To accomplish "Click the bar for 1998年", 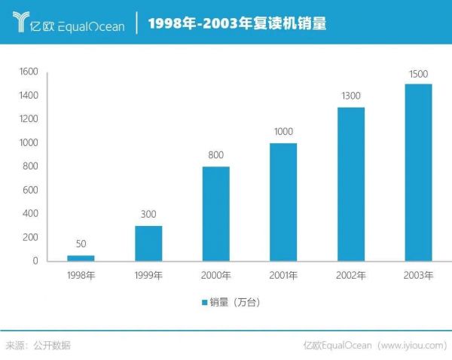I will click(81, 258).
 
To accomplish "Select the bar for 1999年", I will click(148, 243).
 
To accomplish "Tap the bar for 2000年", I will click(215, 213).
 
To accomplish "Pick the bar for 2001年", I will click(283, 202).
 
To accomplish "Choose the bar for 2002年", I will click(351, 184).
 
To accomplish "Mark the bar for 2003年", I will click(418, 172).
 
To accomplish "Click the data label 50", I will click(81, 244).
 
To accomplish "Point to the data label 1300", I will click(351, 96).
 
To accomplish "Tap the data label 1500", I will click(418, 72).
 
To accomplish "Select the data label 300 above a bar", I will click(148, 214).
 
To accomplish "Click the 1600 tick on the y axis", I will click(28, 72).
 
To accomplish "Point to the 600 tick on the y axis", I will click(30, 190).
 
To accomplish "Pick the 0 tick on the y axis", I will click(35, 261).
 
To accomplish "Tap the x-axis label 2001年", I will click(283, 275).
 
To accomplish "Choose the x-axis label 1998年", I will click(81, 275).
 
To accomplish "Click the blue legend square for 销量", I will click(204, 303).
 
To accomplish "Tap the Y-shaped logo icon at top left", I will click(24, 23).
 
